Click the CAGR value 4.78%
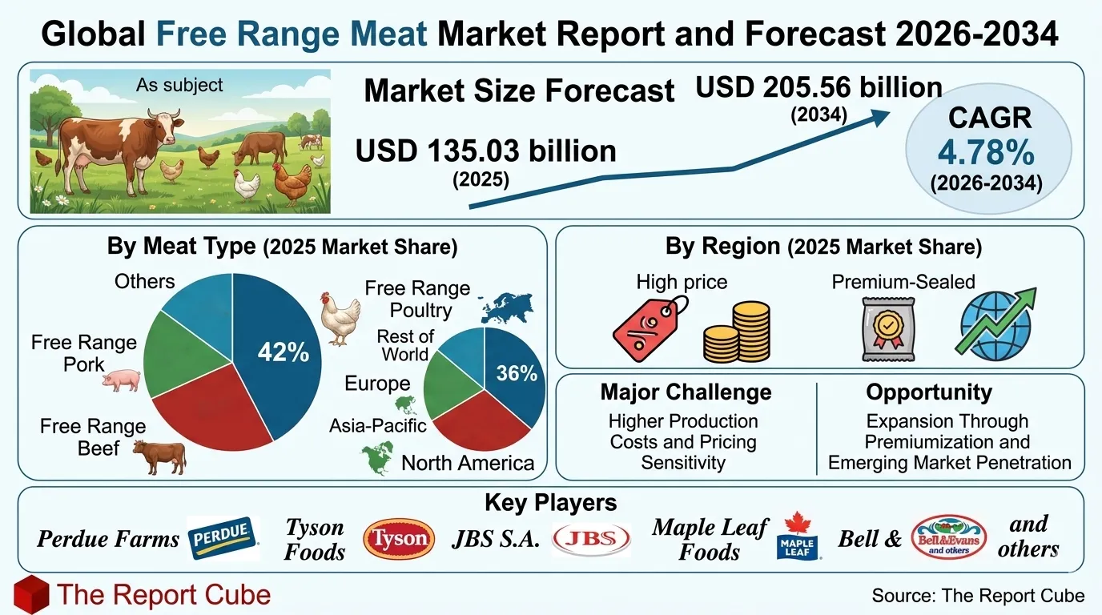[985, 152]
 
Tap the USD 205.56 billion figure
[818, 86]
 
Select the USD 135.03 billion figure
[486, 151]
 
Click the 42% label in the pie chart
[283, 352]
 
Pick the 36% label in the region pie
[517, 373]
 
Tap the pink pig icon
[121, 380]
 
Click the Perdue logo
[223, 538]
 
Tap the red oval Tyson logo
[399, 538]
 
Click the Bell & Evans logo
[948, 537]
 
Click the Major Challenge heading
[686, 392]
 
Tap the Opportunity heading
[928, 392]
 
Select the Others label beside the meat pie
[144, 281]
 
